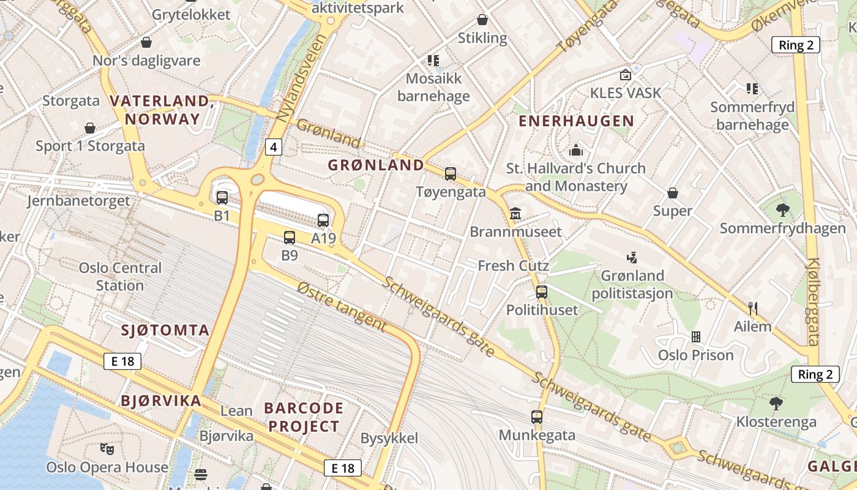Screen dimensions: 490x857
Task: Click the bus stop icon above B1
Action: [222, 197]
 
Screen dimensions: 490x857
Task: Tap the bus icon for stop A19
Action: [323, 221]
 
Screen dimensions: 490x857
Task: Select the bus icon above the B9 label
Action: [290, 237]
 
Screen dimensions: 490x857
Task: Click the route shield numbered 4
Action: [274, 147]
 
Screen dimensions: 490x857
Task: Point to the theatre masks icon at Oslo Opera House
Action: [107, 449]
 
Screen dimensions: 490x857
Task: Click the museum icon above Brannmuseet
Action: [515, 214]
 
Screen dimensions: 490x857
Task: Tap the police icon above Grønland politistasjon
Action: [632, 257]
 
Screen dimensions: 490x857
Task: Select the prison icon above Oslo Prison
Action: [695, 336]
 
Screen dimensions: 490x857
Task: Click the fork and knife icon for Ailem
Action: [753, 308]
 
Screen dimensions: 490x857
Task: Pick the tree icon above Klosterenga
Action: [776, 404]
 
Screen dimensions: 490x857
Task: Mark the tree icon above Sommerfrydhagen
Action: [782, 210]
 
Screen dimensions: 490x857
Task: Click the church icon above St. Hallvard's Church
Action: [576, 150]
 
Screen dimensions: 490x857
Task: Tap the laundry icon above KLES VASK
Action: [626, 75]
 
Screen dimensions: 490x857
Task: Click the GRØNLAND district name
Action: [376, 165]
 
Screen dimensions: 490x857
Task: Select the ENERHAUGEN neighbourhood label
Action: [575, 121]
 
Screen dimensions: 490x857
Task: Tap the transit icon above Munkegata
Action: [537, 417]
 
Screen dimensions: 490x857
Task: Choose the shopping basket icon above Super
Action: [673, 193]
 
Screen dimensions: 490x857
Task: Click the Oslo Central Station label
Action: [120, 276]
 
